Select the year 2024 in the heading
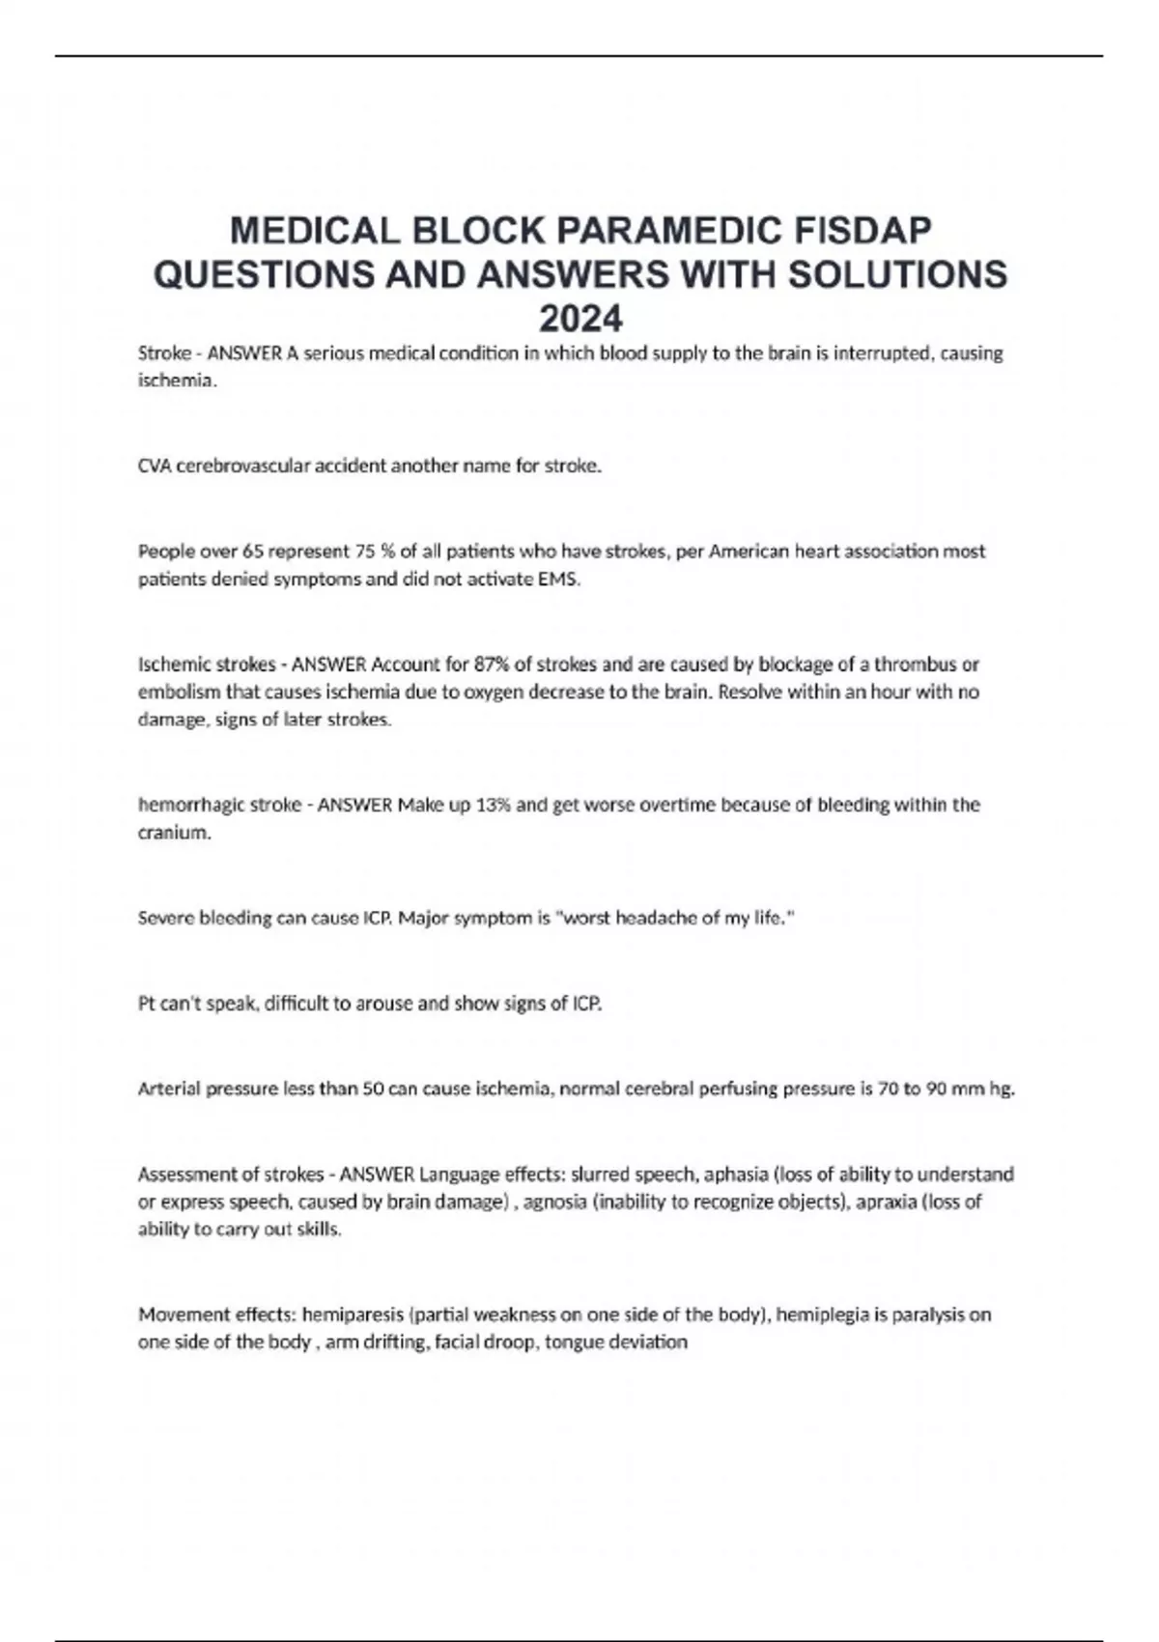580,318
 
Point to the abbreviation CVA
155,466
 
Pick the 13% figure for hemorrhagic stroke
492,805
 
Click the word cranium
173,833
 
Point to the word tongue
572,1343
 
